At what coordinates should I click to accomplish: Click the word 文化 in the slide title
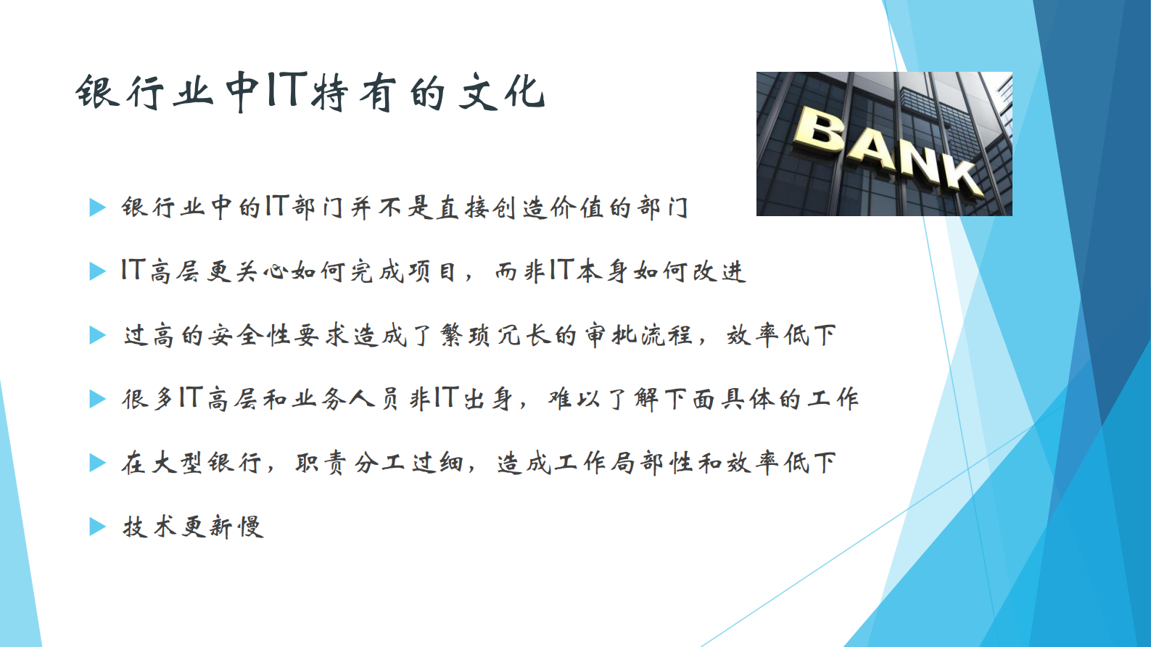pyautogui.click(x=501, y=92)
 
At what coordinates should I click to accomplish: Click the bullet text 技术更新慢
pyautogui.click(x=193, y=527)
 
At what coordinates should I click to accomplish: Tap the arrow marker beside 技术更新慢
pyautogui.click(x=97, y=527)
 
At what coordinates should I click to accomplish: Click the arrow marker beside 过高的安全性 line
pyautogui.click(x=97, y=335)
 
